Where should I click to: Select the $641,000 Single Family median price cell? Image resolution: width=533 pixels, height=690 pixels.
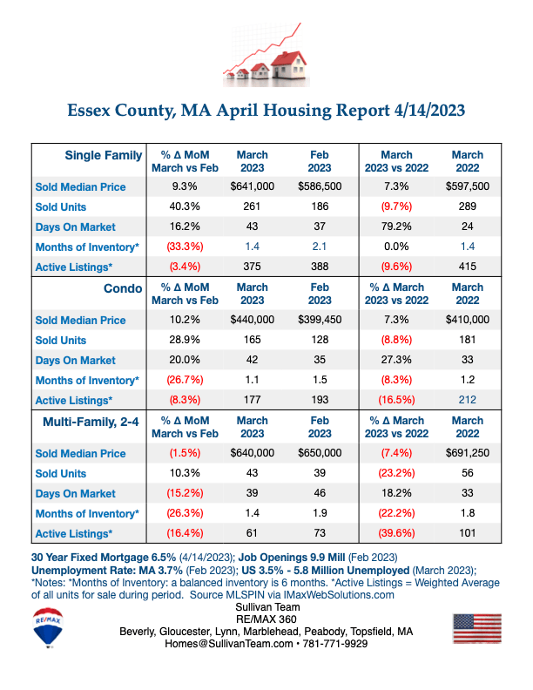(x=253, y=186)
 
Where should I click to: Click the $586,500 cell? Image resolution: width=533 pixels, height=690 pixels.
(x=320, y=186)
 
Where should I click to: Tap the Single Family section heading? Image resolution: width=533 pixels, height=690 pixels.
(x=104, y=155)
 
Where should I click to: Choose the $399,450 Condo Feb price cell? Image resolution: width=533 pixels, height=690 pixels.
(x=320, y=320)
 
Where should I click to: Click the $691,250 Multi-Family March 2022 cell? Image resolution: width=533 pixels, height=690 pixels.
(x=468, y=453)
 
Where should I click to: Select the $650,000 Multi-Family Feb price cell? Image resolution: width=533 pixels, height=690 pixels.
(x=320, y=453)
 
